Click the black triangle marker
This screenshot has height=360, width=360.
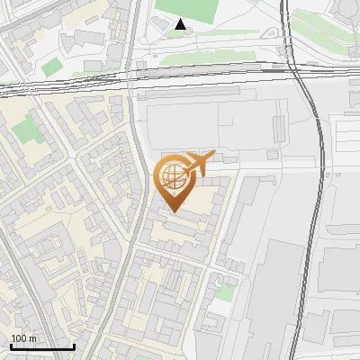[181, 24]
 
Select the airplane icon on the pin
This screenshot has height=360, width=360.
[198, 163]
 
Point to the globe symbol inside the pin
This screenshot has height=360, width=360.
[174, 176]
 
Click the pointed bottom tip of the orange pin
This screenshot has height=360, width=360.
[174, 211]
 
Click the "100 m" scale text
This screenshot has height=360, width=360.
[24, 338]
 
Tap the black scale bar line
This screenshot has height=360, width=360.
[42, 346]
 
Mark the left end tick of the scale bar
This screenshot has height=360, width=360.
[11, 345]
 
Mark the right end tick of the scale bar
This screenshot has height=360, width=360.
[74, 345]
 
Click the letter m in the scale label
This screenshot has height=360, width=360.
[32, 338]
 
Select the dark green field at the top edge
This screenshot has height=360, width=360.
[189, 8]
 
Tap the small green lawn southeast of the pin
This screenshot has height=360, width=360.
[226, 292]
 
